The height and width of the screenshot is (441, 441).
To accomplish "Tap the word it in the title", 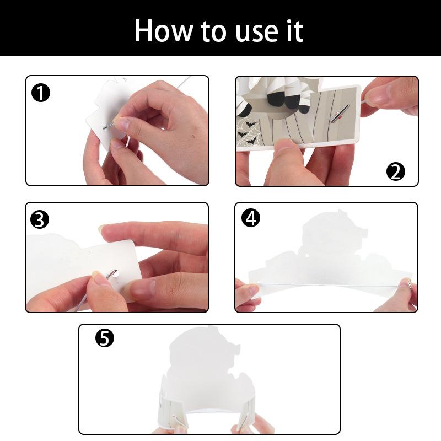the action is click(295, 30).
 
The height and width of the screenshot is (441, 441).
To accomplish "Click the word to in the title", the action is click(214, 32).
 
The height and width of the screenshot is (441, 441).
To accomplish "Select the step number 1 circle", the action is click(41, 93).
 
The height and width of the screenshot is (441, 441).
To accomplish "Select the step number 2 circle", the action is click(395, 172).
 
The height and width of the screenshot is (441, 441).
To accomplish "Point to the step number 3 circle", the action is click(40, 219).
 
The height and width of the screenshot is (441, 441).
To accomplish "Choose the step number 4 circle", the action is click(251, 218).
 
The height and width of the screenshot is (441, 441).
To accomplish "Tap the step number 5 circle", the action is click(105, 338).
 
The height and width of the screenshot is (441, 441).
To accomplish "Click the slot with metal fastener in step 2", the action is click(340, 114).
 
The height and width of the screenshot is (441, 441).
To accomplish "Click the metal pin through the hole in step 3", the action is click(112, 274).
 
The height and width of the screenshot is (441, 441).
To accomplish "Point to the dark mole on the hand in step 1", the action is click(193, 137).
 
